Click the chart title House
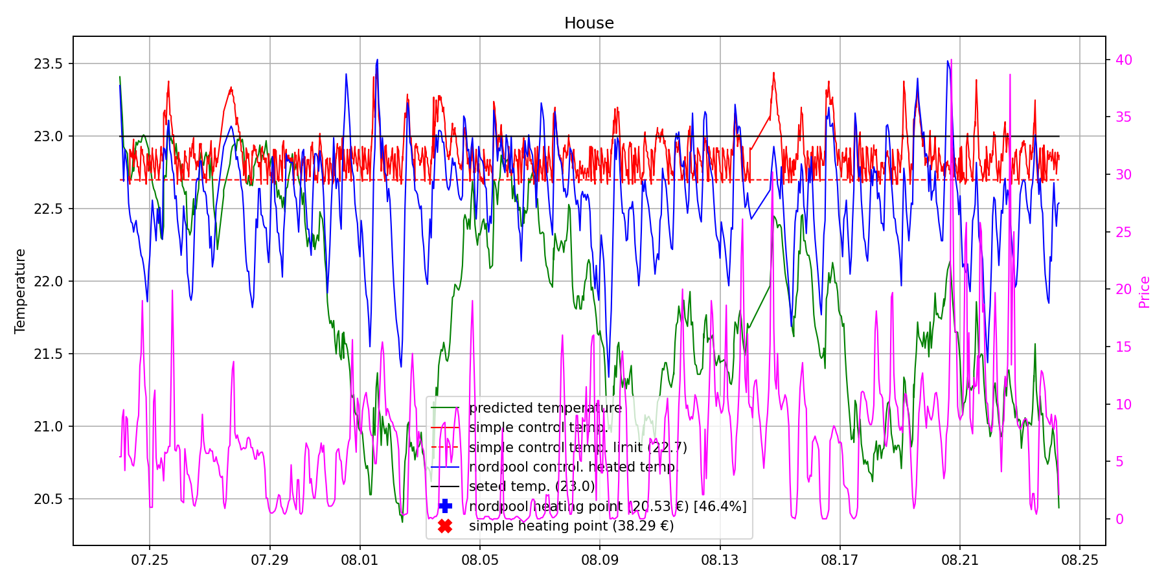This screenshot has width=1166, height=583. pos(589,23)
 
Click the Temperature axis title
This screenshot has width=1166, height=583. pos(21,291)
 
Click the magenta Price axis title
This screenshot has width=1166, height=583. pos(1145,292)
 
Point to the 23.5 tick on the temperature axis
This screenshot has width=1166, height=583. pos(49,63)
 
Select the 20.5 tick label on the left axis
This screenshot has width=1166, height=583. pos(49,499)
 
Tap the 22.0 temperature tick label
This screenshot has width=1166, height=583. pos(49,281)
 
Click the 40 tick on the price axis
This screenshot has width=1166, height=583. pos(1123,60)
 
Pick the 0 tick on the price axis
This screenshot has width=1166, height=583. pos(1119,520)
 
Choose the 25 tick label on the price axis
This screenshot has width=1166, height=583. pos(1123,232)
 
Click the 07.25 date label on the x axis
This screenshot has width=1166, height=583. pos(150,560)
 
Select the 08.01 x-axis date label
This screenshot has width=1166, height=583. pos(359,560)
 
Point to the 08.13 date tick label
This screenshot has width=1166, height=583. pos(720,560)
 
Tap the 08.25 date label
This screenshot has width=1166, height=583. pos(1079,560)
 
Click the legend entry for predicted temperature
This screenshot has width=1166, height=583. pos(545,408)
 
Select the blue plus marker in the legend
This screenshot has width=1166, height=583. pos(445,506)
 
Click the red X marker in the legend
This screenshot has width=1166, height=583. pos(445,526)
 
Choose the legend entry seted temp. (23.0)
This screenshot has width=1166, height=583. pos(531,486)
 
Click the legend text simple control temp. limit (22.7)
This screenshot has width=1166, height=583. pos(577,448)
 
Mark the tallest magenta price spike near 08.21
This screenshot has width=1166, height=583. pos(951,60)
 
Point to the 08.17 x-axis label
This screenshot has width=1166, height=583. pos(840,560)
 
